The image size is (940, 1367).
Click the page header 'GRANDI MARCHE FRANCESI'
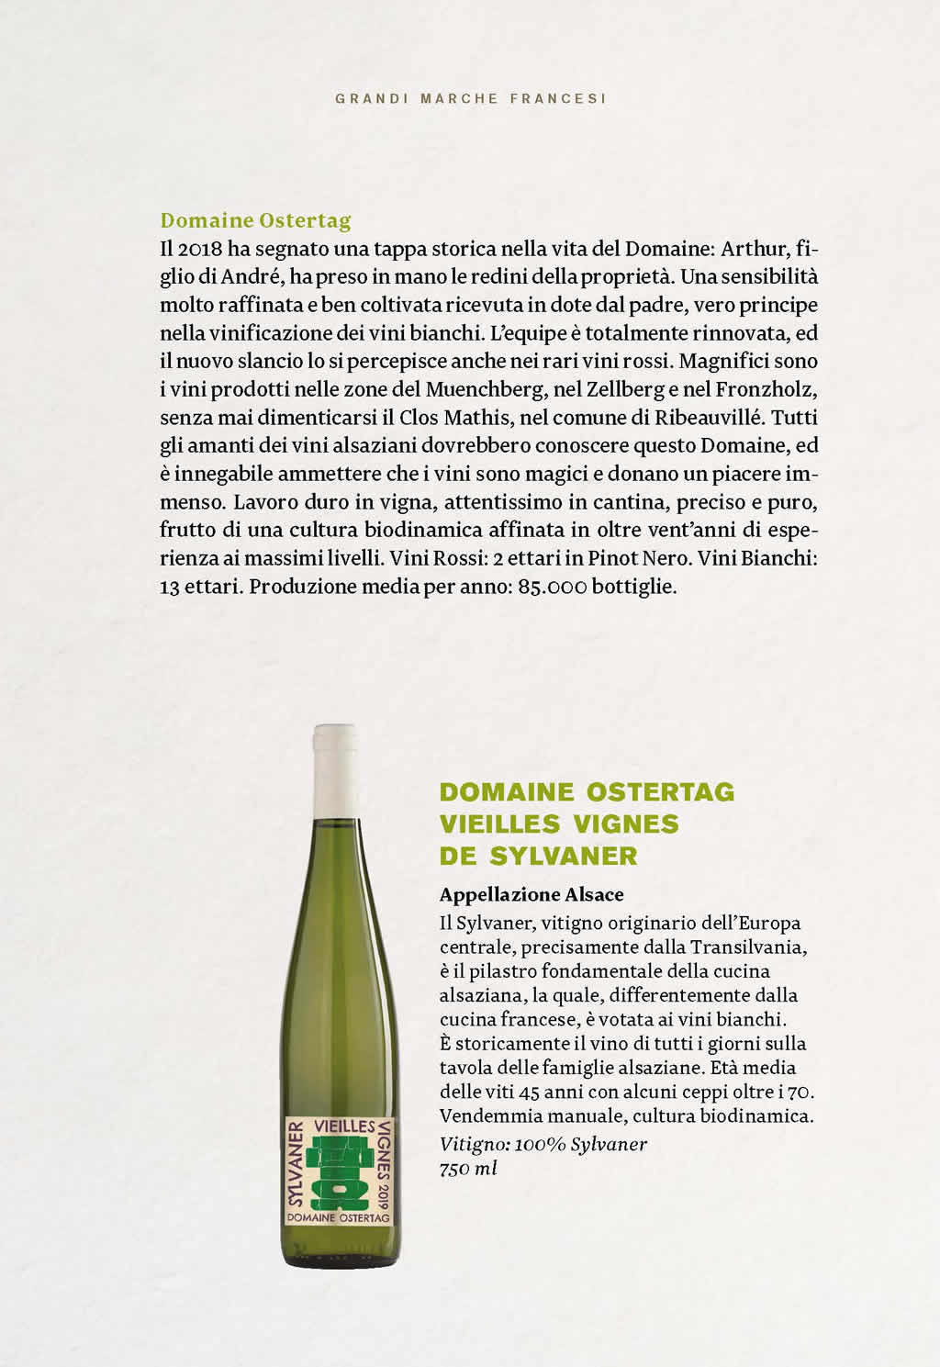coord(470,98)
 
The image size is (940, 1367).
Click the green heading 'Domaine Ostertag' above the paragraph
coord(255,220)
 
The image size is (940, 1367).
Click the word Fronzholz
coord(766,389)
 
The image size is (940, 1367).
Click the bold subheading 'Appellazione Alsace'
coord(532,894)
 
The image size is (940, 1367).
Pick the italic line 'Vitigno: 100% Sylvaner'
coord(543,1144)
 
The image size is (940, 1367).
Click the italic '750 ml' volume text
coord(468,1169)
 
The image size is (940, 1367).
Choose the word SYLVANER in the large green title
coord(564,856)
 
